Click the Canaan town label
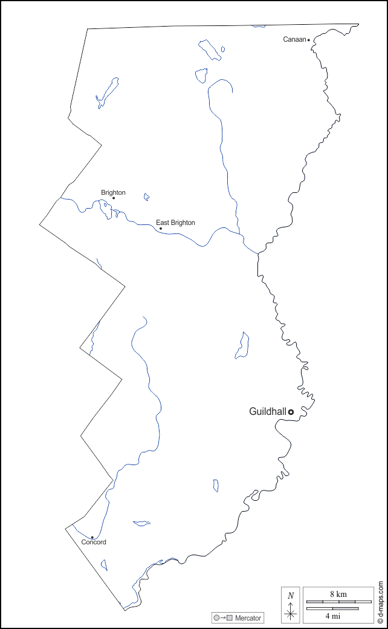point(294,39)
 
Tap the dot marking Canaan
point(309,40)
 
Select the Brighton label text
point(113,192)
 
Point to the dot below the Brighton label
point(114,198)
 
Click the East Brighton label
point(175,223)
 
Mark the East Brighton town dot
point(161,229)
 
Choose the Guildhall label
point(267,411)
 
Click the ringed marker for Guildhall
point(291,412)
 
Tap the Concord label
point(94,542)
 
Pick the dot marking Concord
point(92,537)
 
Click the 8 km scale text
point(338,594)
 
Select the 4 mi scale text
point(332,616)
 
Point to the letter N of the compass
point(291,596)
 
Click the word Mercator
point(248,618)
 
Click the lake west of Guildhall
point(242,345)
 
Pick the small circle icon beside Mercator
point(216,618)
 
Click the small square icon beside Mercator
point(230,618)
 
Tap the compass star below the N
point(291,614)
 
